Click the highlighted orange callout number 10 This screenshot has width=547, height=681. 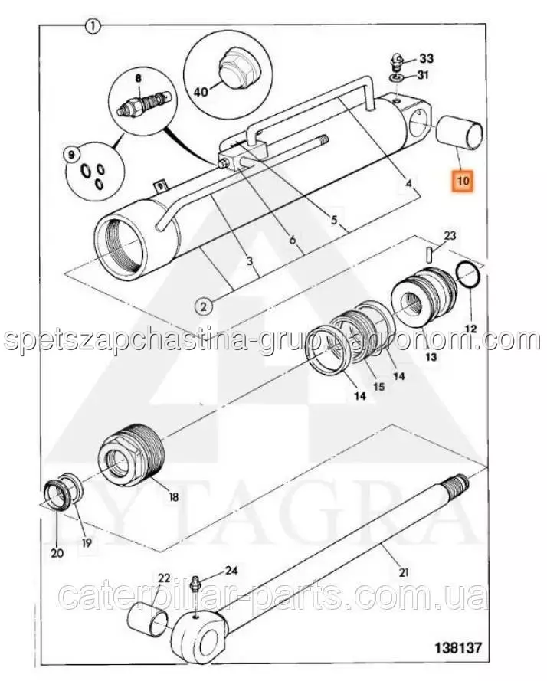[463, 182]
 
